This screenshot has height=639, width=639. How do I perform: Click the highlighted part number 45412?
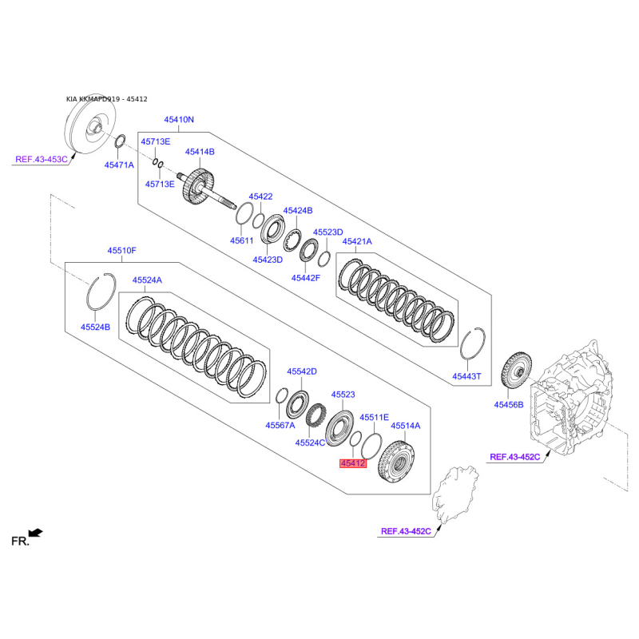pos(353,463)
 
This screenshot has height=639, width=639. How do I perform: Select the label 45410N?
pos(179,119)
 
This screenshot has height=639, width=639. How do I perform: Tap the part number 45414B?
pos(200,152)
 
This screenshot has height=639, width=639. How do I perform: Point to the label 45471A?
pos(119,165)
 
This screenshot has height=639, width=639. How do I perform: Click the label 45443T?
pos(466,376)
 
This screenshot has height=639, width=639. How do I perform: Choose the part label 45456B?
pos(509,405)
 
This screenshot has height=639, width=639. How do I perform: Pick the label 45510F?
pos(122,250)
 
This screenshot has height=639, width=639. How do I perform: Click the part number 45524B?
pos(95,327)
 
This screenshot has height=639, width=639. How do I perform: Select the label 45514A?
pos(406,426)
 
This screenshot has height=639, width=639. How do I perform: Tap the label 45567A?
pos(280,425)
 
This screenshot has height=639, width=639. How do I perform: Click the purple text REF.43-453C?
pos(42,159)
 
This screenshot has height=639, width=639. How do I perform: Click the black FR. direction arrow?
pos(35,533)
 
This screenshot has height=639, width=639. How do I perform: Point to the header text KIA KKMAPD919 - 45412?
pos(107,99)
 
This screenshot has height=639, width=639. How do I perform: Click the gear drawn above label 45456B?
pos(516,371)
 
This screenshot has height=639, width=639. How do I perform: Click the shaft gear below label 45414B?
pos(198,187)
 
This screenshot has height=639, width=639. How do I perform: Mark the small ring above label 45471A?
pos(120,141)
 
